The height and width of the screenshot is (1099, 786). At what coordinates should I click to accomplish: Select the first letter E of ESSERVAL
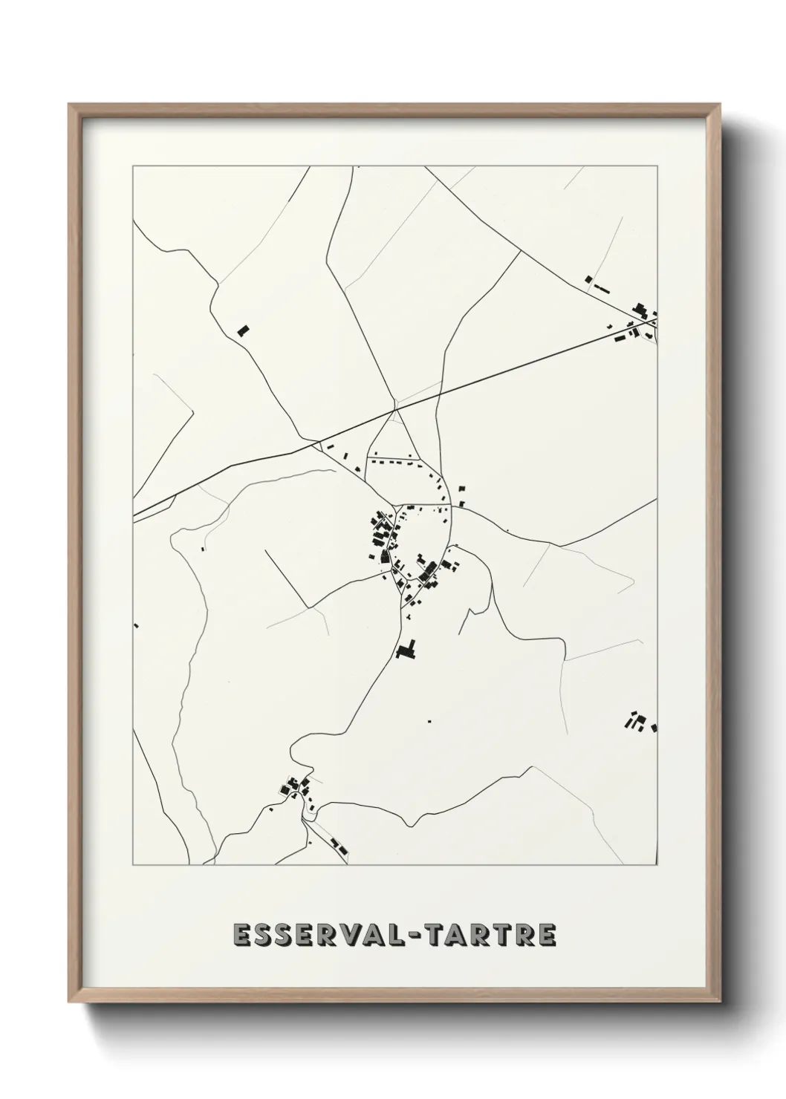(x=242, y=934)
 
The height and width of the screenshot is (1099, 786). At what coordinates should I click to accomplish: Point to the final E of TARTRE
(x=545, y=934)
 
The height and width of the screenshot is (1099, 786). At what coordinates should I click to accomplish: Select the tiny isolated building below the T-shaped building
(x=429, y=720)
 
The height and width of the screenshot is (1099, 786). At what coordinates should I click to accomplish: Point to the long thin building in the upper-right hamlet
(x=601, y=286)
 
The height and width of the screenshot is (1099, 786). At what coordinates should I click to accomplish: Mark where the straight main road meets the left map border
(x=134, y=514)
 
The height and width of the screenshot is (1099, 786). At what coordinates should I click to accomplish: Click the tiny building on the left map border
(x=137, y=625)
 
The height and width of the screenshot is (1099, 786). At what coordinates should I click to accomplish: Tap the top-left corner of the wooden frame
(x=69, y=105)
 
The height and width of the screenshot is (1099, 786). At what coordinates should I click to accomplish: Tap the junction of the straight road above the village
(x=396, y=409)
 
